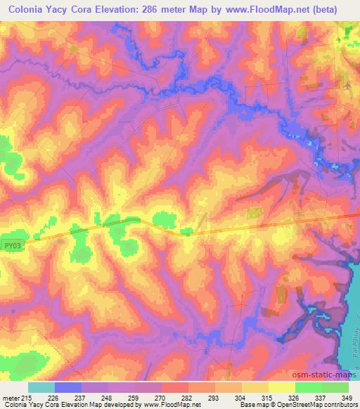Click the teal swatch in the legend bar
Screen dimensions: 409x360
coord(41,387)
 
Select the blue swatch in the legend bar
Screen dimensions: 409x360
coord(68,387)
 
